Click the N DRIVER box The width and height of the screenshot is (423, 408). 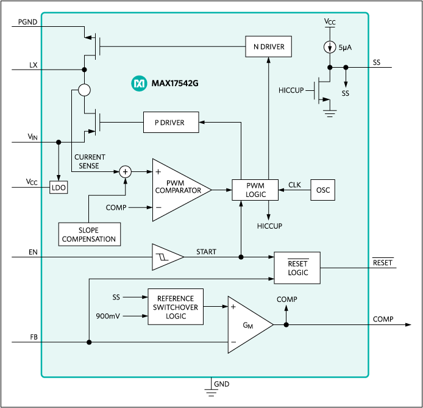click(x=268, y=46)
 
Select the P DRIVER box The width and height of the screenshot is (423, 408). click(x=172, y=123)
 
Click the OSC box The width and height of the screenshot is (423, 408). click(x=323, y=190)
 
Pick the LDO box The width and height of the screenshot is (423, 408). click(x=59, y=188)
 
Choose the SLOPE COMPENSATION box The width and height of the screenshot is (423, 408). click(x=89, y=234)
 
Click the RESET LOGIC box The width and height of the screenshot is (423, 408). click(x=298, y=268)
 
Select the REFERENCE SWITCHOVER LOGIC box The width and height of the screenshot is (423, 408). click(x=176, y=307)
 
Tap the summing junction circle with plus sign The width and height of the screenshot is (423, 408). click(x=126, y=172)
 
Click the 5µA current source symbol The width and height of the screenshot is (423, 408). click(x=330, y=46)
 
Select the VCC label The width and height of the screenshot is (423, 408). click(x=330, y=22)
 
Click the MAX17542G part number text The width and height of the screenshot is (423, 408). click(x=174, y=82)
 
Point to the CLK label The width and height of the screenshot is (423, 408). click(x=294, y=184)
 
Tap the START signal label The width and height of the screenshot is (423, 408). click(x=206, y=251)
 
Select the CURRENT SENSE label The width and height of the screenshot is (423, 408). click(x=90, y=162)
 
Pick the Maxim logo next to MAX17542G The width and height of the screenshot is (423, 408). click(x=139, y=82)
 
